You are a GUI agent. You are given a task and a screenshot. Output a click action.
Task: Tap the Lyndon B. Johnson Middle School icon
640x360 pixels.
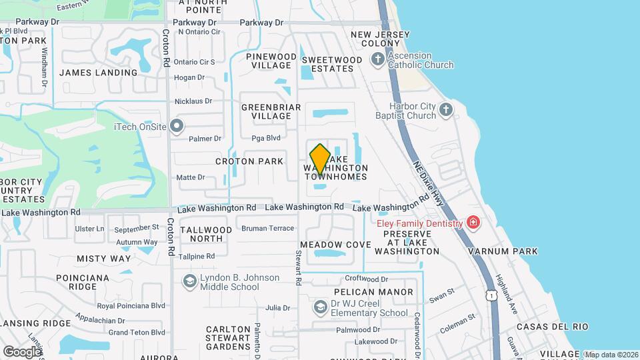[x=190, y=281]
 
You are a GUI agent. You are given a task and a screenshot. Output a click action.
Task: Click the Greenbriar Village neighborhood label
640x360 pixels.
[x=271, y=111]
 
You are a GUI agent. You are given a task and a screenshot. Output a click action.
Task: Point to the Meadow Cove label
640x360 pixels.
[x=335, y=245]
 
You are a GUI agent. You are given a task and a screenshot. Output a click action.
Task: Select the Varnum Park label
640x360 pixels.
[x=512, y=251]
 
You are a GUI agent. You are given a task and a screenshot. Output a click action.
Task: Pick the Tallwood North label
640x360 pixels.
[x=206, y=234]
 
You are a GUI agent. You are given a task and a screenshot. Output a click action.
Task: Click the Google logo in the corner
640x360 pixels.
[x=21, y=351]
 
